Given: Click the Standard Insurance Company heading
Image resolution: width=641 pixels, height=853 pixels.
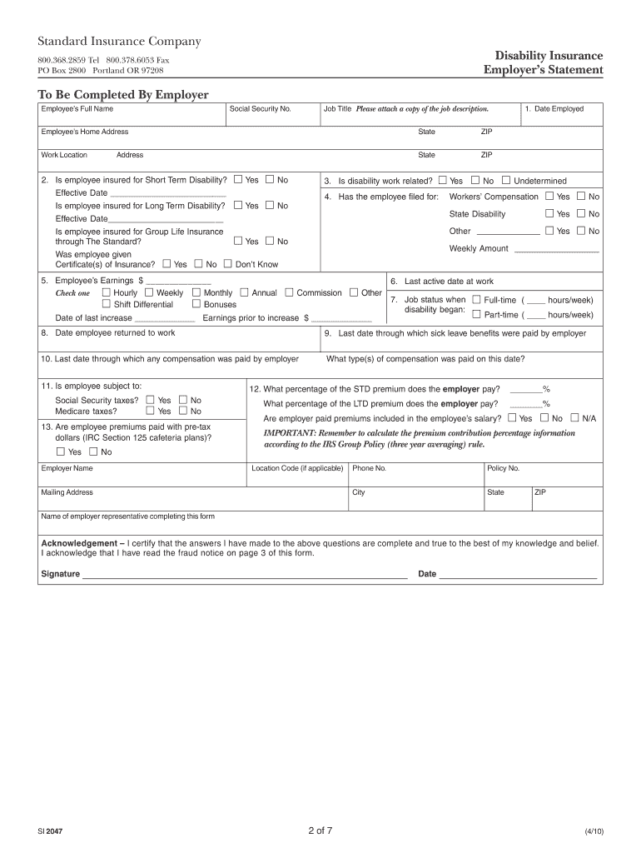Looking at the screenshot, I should tap(119, 42).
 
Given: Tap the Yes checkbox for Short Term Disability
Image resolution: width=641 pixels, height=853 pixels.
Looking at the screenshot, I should tap(238, 180).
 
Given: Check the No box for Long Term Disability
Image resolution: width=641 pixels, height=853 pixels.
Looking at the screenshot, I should tap(270, 205).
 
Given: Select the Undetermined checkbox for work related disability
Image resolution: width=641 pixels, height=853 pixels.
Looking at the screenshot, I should tap(505, 181).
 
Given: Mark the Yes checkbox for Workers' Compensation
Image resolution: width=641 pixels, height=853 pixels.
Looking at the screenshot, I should tap(549, 197).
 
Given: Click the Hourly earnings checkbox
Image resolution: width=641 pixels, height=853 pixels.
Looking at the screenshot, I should tap(106, 292).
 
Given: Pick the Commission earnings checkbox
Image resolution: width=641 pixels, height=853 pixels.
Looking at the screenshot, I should tap(289, 292).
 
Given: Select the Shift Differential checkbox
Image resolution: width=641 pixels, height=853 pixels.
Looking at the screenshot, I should tap(106, 304).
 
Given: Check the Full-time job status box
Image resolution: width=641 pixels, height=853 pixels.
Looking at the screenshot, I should tap(476, 300).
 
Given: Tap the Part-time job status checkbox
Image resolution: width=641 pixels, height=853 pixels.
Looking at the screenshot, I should tap(476, 314).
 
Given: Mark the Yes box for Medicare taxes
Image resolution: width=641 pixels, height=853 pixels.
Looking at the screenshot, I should tap(151, 411).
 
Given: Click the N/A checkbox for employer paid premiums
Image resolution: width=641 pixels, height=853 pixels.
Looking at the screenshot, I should tap(574, 418).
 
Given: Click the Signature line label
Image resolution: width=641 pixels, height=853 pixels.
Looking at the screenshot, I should tap(61, 574).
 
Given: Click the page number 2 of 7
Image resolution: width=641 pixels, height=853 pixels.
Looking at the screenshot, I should tap(320, 831).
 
